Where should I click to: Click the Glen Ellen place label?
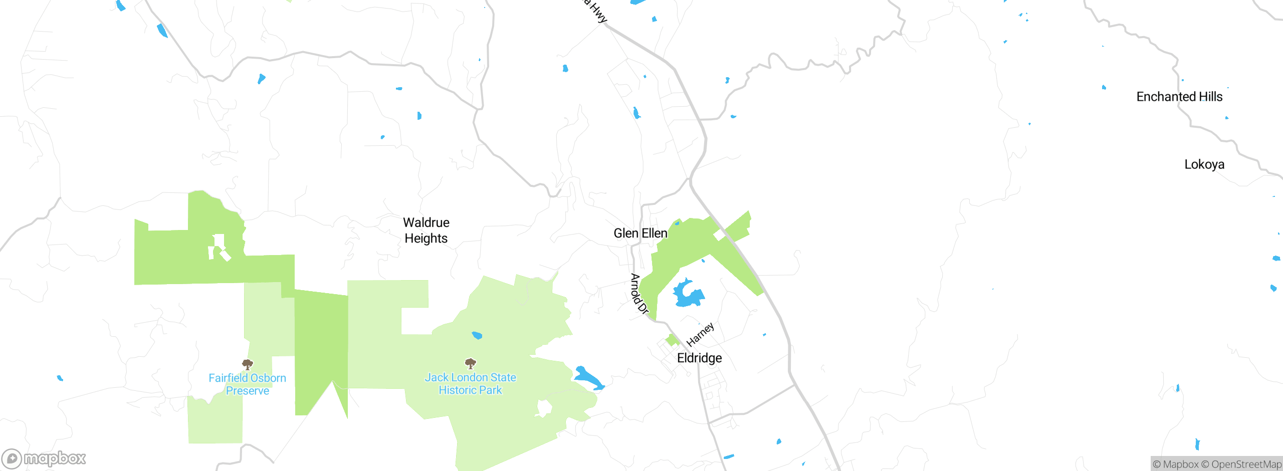coord(640,233)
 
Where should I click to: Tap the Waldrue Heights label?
coord(426,230)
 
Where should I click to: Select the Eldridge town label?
coord(699,358)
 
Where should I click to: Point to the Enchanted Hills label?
coord(1179,97)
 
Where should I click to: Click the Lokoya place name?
coord(1204,164)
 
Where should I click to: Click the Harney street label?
coord(700,335)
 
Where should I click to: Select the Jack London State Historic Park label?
coord(470,384)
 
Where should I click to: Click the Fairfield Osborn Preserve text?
coord(247,384)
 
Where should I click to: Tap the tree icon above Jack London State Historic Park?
coord(470,363)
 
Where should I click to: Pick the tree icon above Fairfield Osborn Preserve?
coord(247,364)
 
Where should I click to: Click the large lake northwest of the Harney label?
coord(687,294)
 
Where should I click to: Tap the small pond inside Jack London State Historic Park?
coord(477,335)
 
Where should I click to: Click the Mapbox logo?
coord(44,458)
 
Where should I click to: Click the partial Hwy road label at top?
coord(596,11)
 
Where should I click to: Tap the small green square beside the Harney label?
coord(672,340)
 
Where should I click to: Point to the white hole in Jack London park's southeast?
coord(543,408)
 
